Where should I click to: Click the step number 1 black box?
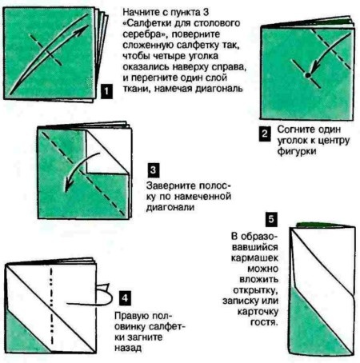(106, 92)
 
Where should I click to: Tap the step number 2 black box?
(265, 134)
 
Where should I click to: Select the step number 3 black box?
(153, 170)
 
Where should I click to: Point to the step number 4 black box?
(125, 298)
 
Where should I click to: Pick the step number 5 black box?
(271, 219)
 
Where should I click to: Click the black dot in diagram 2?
(308, 75)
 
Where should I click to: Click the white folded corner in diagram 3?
(106, 152)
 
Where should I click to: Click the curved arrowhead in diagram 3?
(68, 185)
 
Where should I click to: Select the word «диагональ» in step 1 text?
(219, 89)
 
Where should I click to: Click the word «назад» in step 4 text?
(128, 348)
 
